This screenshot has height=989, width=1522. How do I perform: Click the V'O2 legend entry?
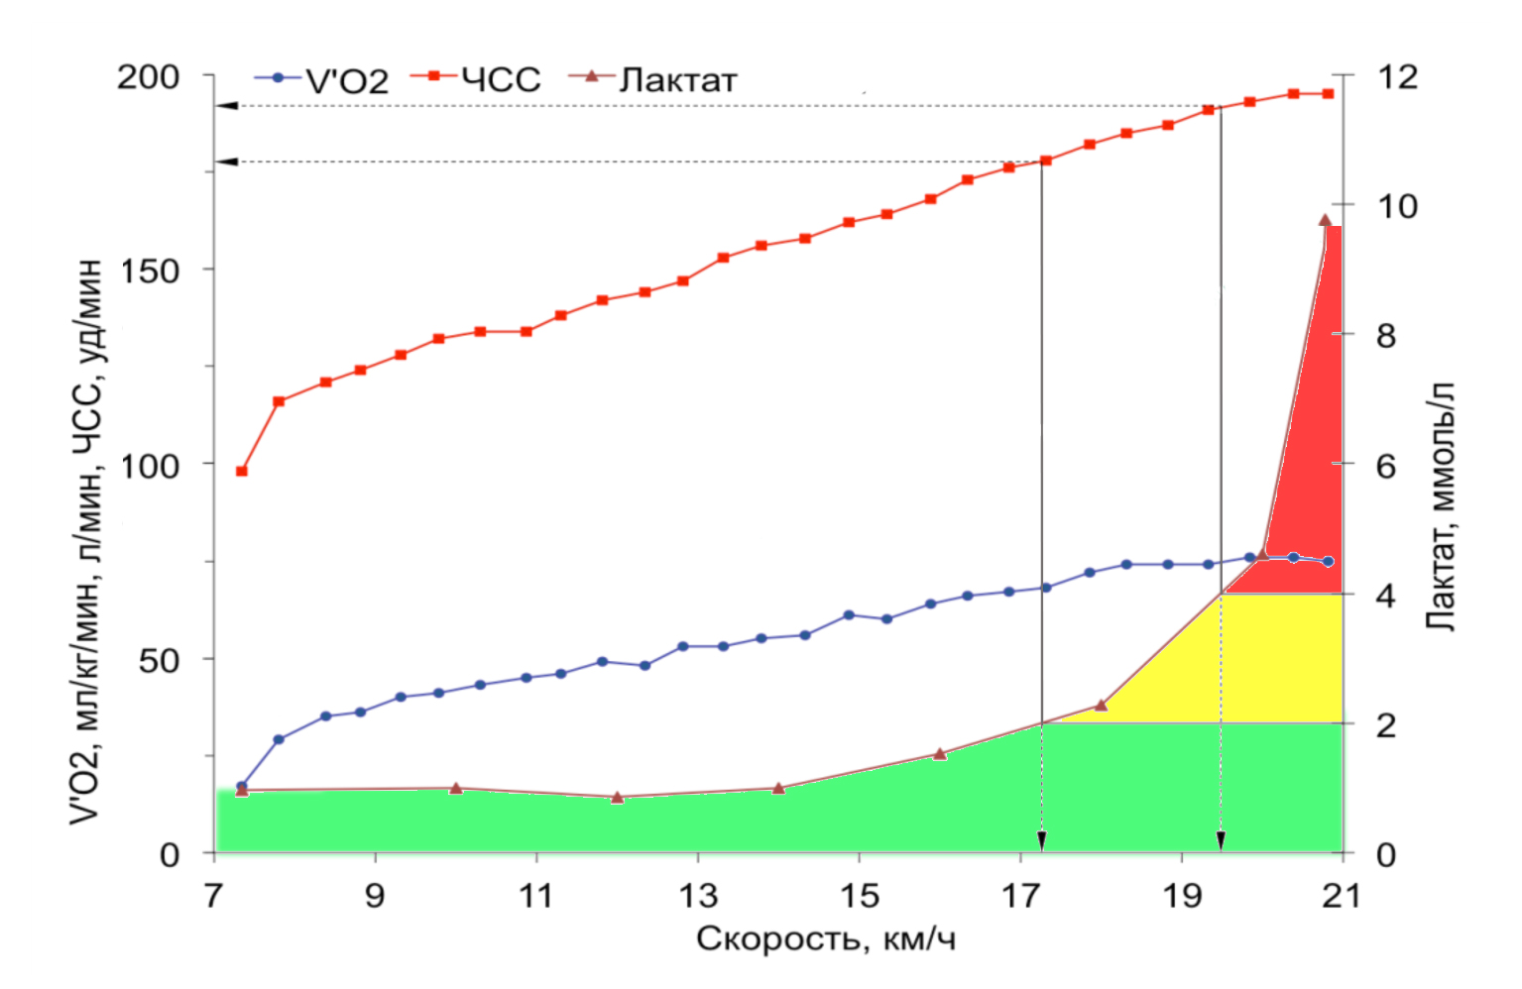pyautogui.click(x=322, y=79)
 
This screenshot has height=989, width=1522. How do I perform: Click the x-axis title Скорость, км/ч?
pyautogui.click(x=825, y=937)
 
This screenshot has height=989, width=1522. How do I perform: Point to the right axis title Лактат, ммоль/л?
pyautogui.click(x=1440, y=505)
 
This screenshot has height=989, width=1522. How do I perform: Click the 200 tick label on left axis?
pyautogui.click(x=148, y=76)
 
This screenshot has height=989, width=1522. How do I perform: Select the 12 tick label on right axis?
pyautogui.click(x=1397, y=76)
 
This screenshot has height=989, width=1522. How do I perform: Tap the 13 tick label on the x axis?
pyautogui.click(x=698, y=896)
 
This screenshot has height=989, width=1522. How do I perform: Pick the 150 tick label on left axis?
pyautogui.click(x=150, y=271)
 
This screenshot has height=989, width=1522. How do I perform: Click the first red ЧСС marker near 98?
pyautogui.click(x=241, y=471)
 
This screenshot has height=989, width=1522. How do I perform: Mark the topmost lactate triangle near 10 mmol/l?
pyautogui.click(x=1325, y=220)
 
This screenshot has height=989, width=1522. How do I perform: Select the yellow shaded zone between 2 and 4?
pyautogui.click(x=1239, y=664)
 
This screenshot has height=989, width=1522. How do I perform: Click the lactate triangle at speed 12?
pyautogui.click(x=617, y=797)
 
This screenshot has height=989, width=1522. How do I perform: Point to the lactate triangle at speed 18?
pyautogui.click(x=1101, y=706)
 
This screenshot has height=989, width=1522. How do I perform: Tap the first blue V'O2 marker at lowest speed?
pyautogui.click(x=241, y=786)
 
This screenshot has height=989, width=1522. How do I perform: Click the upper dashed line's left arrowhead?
pyautogui.click(x=227, y=105)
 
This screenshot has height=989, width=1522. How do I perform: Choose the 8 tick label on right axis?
pyautogui.click(x=1385, y=336)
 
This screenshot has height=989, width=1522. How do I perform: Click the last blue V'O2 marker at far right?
pyautogui.click(x=1328, y=561)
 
